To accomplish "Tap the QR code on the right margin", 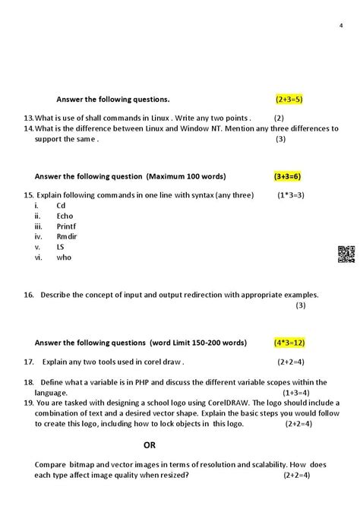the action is [346, 254].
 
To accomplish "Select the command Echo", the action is [65, 216].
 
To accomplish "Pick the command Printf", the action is [66, 226].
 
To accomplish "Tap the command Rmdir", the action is [66, 236].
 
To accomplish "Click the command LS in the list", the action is [61, 247].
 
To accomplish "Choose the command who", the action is [63, 257].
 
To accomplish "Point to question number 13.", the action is [29, 118].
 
